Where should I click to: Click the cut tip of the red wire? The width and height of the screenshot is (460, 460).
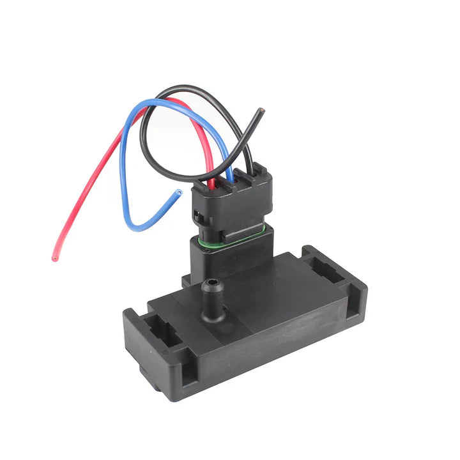(54, 258)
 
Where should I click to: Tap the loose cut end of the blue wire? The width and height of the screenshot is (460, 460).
(178, 192)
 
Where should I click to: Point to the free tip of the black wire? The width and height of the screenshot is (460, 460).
(260, 111)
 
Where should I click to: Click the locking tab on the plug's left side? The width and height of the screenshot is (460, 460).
(199, 217)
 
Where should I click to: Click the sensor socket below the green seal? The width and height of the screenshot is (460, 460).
(230, 256)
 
